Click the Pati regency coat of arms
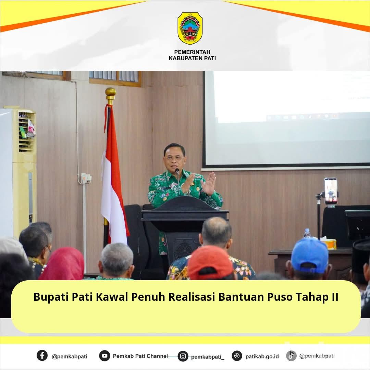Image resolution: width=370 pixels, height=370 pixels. pos(190,28)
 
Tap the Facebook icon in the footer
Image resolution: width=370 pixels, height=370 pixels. pos(42,355)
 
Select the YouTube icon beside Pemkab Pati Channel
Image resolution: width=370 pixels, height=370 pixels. pos(104,356)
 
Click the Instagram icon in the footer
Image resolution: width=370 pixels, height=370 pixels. pos(183,356)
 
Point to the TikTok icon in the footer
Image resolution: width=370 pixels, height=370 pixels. pos(291,356)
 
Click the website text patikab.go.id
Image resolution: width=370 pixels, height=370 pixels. pos(262,357)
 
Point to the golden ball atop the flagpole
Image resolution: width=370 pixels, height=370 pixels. pos(110,92)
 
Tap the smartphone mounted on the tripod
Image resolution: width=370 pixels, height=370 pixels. pos(330,191)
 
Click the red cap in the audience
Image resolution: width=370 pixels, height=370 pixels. pos(210,262)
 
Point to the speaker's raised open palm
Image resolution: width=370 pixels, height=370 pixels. pos(209,184)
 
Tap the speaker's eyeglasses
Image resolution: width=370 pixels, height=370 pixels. pos(174,158)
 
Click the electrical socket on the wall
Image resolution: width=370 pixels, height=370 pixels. pos(86,178)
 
